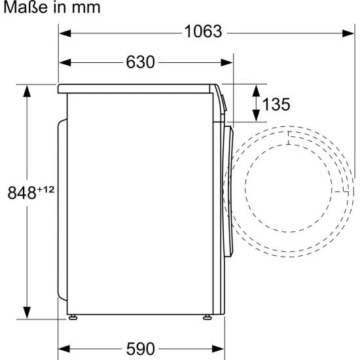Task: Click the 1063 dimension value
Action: point(203,31)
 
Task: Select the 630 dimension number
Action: point(140,62)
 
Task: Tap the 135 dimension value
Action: point(276,105)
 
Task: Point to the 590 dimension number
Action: point(140,349)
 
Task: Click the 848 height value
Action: point(22,193)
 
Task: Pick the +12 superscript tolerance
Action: point(45,190)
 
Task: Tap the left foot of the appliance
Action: point(73,317)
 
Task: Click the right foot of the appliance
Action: point(207,317)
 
